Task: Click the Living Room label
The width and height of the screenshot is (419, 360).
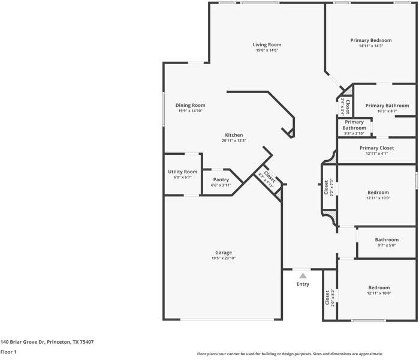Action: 267,44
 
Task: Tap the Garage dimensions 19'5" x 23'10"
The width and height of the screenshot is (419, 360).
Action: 224,258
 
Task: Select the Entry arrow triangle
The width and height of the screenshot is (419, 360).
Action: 303,276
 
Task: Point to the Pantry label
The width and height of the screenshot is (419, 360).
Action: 221,179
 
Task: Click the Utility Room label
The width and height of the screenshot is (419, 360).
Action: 183,172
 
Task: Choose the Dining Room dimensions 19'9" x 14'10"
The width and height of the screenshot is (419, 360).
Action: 190,111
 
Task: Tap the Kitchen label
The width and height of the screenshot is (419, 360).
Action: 234,135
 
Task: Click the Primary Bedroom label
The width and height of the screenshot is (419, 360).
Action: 371,40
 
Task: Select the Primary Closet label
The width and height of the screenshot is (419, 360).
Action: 376,148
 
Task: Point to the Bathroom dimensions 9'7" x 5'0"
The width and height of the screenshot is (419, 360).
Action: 387,245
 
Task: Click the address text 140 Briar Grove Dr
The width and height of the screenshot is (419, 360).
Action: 22,342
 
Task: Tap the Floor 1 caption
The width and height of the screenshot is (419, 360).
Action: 8,352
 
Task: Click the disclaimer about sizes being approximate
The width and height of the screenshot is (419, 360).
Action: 290,354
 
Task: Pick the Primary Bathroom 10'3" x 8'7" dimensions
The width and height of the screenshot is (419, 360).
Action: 387,111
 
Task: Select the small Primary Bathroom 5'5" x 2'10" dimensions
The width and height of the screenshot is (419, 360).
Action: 354,133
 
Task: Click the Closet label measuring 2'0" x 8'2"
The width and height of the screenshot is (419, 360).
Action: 327,298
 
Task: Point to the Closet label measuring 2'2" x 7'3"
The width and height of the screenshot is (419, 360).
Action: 326,187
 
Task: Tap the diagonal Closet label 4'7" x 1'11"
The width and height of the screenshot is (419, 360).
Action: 269,176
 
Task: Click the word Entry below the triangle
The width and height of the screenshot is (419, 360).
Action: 303,284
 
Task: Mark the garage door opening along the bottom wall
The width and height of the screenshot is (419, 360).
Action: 227,319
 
